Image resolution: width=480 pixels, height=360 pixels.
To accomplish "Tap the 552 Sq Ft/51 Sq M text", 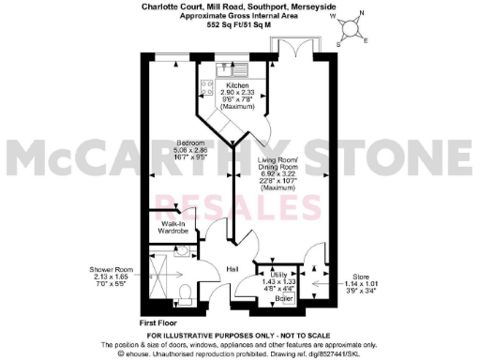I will (x=239, y=25).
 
